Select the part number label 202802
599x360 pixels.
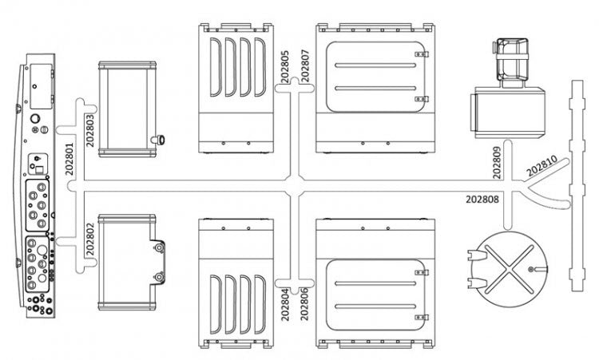(90, 236)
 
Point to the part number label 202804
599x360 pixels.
(285, 302)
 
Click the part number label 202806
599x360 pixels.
(303, 302)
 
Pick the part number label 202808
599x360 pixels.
(486, 199)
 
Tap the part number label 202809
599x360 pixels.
(496, 160)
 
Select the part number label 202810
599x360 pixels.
(542, 166)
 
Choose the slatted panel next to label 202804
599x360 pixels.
(236, 283)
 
